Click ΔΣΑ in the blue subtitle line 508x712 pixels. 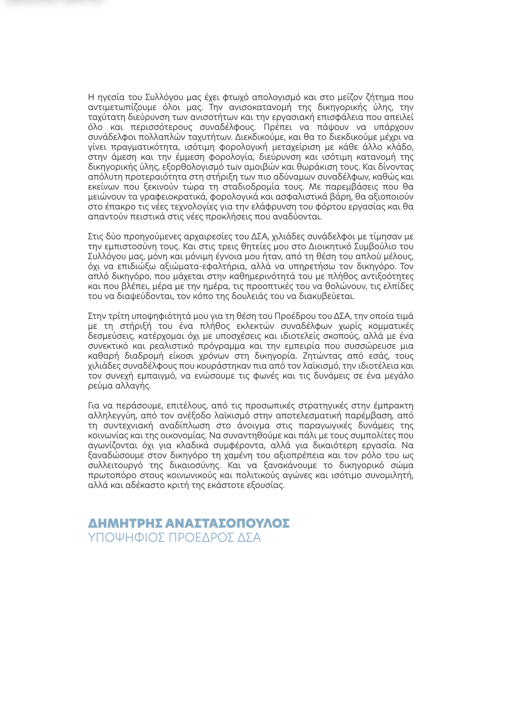click(249, 538)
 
